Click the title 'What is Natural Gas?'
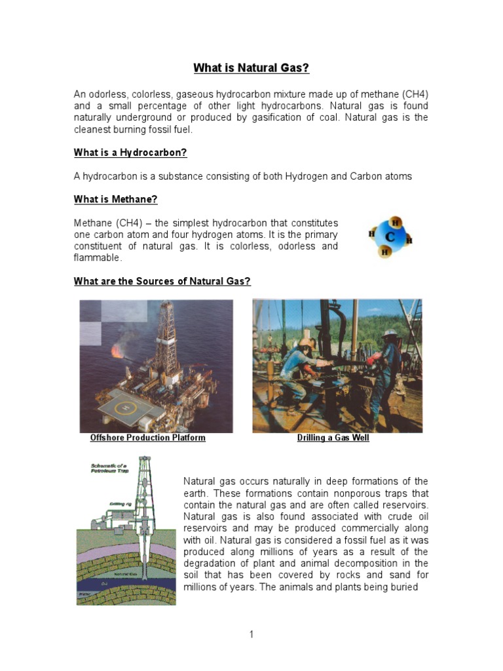click(x=251, y=67)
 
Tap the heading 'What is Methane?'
click(x=115, y=199)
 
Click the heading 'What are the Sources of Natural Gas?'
click(x=162, y=281)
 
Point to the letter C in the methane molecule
click(x=389, y=236)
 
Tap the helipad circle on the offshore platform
click(x=122, y=408)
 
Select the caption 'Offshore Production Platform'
click(x=147, y=438)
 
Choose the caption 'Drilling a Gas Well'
click(x=333, y=438)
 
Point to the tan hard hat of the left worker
click(x=307, y=343)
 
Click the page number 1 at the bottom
click(x=251, y=634)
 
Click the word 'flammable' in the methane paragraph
click(x=97, y=258)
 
